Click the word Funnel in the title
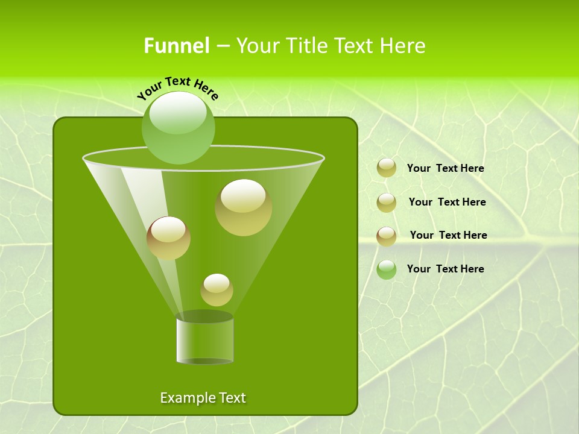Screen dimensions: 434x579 tap(176, 46)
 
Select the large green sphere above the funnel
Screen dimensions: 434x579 tap(179, 128)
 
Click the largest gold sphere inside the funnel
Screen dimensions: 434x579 tap(244, 207)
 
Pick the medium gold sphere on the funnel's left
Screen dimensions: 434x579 tap(168, 237)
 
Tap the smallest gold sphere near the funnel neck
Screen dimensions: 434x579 tap(217, 289)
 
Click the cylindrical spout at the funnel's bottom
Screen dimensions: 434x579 tap(204, 339)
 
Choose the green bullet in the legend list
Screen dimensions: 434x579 tap(387, 269)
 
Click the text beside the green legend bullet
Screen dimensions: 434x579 tap(445, 269)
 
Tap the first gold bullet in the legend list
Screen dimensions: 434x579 tap(387, 168)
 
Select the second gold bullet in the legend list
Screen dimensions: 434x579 tap(387, 202)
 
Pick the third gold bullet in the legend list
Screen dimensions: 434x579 tap(387, 236)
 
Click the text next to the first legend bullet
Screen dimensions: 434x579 tap(445, 169)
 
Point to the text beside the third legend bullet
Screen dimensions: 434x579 tap(448, 235)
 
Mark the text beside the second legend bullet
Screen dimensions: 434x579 tap(447, 202)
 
